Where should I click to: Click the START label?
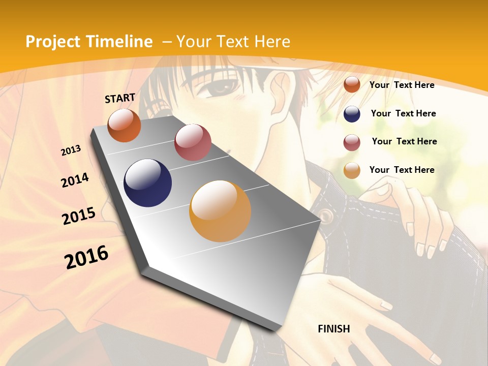click(x=120, y=98)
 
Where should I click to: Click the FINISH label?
click(x=334, y=329)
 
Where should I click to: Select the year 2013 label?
click(x=71, y=150)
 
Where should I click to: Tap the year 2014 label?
click(x=75, y=180)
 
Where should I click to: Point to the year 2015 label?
click(x=79, y=216)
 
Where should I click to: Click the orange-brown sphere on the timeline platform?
click(x=125, y=125)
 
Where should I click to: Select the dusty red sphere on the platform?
click(x=193, y=142)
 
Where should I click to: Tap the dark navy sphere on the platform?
click(x=148, y=183)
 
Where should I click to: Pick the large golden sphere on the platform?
click(x=220, y=211)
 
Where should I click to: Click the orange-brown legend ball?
click(x=352, y=85)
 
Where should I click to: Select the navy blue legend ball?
click(x=352, y=114)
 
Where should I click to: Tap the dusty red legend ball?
click(x=352, y=142)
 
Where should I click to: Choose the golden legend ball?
click(x=352, y=170)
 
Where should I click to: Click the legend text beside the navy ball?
click(x=403, y=113)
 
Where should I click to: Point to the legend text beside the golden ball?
click(x=402, y=170)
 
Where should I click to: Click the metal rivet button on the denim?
click(x=326, y=217)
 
